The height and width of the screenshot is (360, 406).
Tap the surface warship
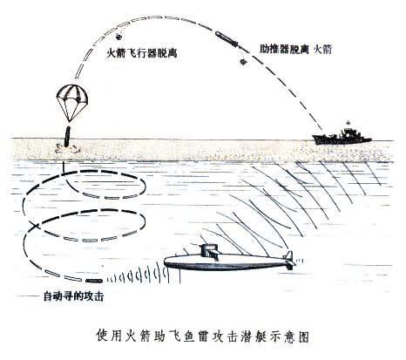342,138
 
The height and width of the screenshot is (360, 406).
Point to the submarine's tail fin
289,260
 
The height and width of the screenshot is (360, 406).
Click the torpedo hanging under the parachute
67,137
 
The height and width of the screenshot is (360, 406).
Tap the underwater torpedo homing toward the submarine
94,281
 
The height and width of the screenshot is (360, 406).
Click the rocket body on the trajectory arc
227,39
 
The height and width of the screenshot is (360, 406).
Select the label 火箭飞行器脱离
141,53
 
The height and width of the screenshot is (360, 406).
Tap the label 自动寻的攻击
73,296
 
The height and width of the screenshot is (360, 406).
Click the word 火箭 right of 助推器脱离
322,50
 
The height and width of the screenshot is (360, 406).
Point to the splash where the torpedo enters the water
67,148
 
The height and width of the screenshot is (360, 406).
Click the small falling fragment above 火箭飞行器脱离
118,37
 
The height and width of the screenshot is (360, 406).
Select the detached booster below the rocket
243,62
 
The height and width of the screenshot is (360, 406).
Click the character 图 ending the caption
303,337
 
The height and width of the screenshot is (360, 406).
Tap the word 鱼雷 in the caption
194,337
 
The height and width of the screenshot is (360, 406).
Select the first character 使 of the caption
103,337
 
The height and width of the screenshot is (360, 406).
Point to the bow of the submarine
166,262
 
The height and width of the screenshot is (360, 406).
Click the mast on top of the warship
348,125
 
